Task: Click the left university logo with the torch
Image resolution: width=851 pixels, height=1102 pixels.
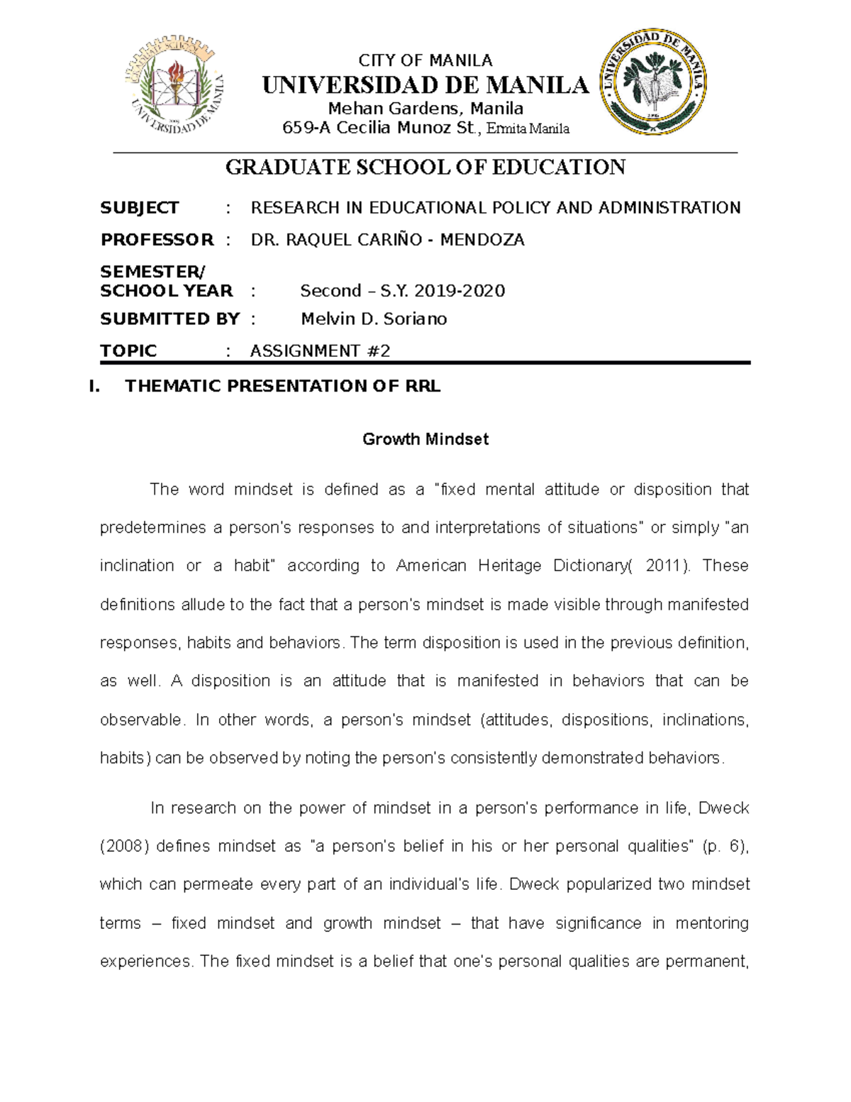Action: point(176,87)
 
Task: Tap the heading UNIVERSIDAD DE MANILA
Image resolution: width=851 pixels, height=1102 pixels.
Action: point(425,85)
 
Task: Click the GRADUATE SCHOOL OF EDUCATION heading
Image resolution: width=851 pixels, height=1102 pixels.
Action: point(425,167)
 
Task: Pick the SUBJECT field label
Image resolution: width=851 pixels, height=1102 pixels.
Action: point(139,208)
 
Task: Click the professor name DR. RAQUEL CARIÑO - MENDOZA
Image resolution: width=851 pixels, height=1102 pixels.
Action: point(387,241)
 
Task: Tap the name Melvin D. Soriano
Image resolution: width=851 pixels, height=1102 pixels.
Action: point(374,319)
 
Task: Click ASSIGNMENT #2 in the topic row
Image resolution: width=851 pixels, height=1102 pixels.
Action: point(320,351)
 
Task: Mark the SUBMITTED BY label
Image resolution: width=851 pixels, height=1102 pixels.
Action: point(169,319)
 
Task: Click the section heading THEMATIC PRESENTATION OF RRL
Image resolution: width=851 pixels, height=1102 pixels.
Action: point(282,387)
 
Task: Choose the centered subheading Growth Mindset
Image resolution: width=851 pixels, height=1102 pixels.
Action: point(425,439)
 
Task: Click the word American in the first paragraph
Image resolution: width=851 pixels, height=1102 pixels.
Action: point(431,566)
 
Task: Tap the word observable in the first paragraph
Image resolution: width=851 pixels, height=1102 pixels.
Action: point(140,720)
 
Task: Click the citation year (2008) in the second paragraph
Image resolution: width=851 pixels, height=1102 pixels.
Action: point(124,847)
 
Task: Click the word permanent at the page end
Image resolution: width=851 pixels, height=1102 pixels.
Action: point(706,962)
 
